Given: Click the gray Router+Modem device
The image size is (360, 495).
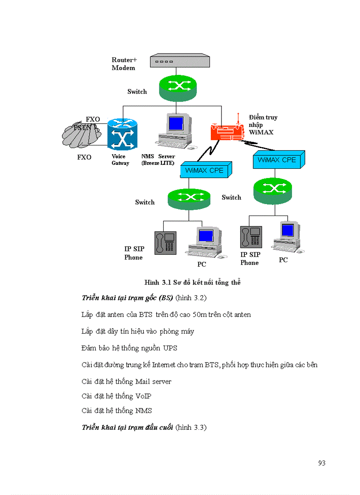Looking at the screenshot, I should (176, 61).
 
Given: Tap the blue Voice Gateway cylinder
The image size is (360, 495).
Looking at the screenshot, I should (122, 134).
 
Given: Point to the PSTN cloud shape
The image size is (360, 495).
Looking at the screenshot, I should (82, 134).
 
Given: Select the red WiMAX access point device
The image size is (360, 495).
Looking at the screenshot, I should (227, 131).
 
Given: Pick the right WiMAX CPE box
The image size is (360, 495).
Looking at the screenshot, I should (278, 160).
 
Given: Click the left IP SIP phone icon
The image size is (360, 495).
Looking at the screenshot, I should (165, 243).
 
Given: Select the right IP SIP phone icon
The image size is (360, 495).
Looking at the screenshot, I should (251, 237).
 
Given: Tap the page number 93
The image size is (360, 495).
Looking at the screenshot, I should (322, 463).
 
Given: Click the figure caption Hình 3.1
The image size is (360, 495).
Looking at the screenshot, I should (192, 283).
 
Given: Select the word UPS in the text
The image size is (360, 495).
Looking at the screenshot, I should (170, 348).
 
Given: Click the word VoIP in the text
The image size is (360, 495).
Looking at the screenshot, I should (143, 396).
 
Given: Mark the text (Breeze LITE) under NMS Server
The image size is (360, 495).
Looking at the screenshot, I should (157, 163).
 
